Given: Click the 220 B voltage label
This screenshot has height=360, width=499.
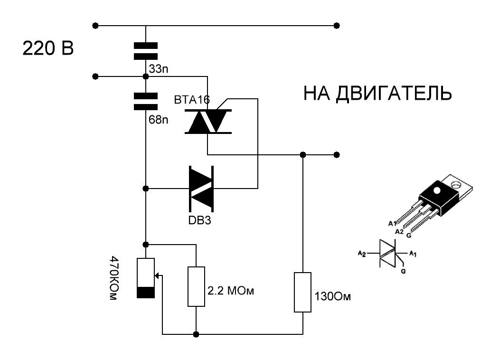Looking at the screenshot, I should point(48,49).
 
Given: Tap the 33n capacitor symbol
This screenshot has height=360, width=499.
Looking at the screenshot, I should point(146,51).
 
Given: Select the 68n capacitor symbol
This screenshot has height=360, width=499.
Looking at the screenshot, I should point(146,101).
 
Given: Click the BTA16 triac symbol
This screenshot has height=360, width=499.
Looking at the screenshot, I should point(207,122).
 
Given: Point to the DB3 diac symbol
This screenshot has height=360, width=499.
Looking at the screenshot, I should point(202,189).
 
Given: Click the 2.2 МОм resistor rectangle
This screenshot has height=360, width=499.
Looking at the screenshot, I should point(196,286).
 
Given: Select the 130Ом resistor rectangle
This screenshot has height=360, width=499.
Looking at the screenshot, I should point(302,292).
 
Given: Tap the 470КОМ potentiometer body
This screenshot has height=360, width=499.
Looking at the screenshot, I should point(146,278).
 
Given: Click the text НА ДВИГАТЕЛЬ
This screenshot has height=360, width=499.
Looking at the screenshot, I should point(377,94).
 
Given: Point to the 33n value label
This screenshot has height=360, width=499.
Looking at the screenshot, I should point(159,70).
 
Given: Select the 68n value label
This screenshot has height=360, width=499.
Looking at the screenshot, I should point(159,120).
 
